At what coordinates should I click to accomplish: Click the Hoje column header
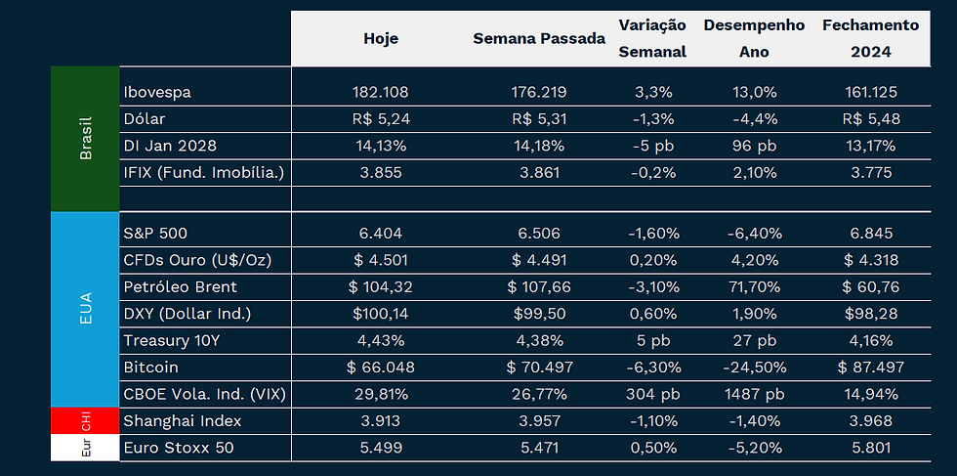pos(381,39)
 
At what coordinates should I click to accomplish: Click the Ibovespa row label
pos(157,93)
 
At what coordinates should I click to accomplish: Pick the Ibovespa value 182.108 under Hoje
pos(380,93)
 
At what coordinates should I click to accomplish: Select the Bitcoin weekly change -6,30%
pos(652,367)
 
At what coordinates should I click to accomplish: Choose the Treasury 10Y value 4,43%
pos(380,340)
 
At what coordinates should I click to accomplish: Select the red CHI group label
pos(85,420)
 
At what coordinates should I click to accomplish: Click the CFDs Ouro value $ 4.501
pos(380,260)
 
